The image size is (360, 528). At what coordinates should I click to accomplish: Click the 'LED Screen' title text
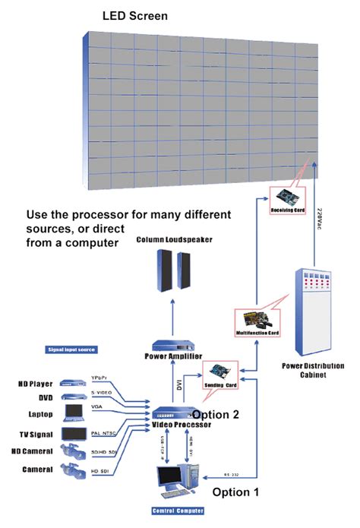[135, 15]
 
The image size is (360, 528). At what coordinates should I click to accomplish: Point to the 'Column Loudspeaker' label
[174, 240]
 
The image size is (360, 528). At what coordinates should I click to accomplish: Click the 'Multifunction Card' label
[258, 333]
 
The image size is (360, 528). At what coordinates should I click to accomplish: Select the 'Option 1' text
[235, 492]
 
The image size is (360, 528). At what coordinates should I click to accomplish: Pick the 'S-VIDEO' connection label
[101, 392]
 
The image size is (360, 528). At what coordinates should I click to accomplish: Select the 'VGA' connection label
[96, 408]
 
